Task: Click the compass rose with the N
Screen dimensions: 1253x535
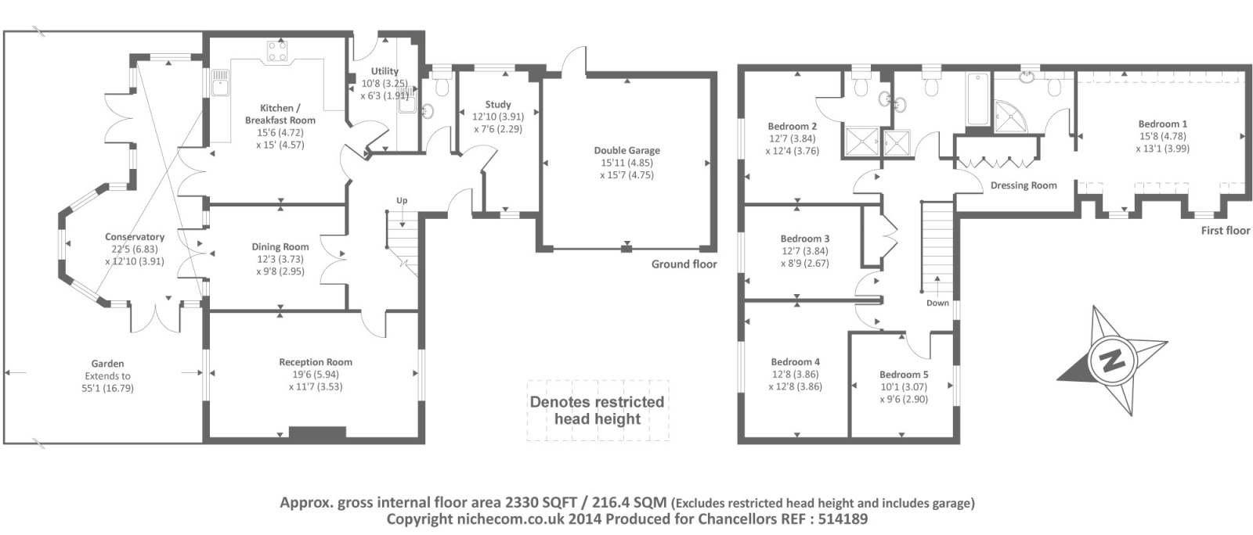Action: (x=1111, y=361)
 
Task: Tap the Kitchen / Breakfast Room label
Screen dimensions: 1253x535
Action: (x=280, y=114)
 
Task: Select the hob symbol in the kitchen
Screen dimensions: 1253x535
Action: (x=277, y=52)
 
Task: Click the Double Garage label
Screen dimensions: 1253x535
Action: (x=626, y=150)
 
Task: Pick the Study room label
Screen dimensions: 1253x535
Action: (x=498, y=104)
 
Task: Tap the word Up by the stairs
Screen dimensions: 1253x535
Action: (x=402, y=200)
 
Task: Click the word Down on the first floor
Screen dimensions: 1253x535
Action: (x=937, y=303)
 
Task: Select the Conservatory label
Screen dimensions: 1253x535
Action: (x=135, y=237)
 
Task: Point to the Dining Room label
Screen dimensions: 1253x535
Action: (x=280, y=247)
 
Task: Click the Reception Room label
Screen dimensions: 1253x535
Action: (x=316, y=362)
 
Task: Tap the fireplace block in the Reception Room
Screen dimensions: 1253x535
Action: (x=317, y=433)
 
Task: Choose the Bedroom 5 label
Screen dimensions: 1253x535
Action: (x=904, y=375)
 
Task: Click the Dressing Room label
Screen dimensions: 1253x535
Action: (x=1024, y=185)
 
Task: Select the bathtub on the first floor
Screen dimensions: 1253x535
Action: (x=977, y=99)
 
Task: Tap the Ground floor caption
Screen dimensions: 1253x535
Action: (x=684, y=264)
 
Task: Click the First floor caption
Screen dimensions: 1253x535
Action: (x=1226, y=231)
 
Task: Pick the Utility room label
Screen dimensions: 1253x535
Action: (x=385, y=71)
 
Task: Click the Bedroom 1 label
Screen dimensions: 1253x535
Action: (x=1162, y=124)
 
